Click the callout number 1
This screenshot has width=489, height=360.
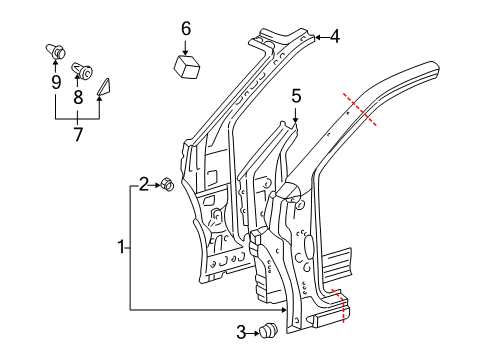pyautogui.click(x=122, y=246)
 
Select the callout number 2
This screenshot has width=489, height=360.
pyautogui.click(x=144, y=183)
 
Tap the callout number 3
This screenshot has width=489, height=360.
pyautogui.click(x=239, y=332)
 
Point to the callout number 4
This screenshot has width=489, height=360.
pyautogui.click(x=334, y=38)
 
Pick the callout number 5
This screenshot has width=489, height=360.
pyautogui.click(x=296, y=95)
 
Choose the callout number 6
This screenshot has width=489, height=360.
pyautogui.click(x=186, y=29)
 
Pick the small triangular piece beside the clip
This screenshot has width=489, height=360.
pyautogui.click(x=104, y=88)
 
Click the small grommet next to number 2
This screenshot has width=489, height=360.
pyautogui.click(x=168, y=185)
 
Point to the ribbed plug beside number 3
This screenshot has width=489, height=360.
pyautogui.click(x=268, y=332)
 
